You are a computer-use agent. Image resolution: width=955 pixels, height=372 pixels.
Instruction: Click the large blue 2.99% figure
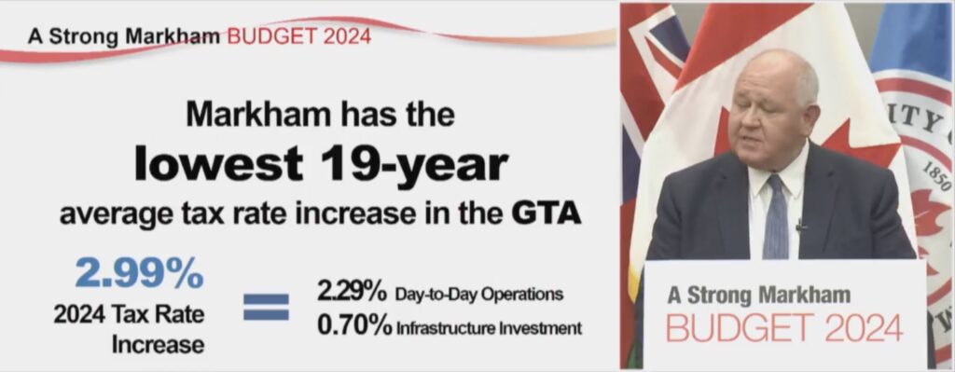(140, 273)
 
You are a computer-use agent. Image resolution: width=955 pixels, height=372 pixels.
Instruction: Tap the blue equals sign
(266, 307)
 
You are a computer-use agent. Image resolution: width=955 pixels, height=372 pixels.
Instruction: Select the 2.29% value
(352, 292)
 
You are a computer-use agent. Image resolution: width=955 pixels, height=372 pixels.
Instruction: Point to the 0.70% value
(353, 325)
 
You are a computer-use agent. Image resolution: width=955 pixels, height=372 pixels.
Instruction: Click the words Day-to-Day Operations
(478, 295)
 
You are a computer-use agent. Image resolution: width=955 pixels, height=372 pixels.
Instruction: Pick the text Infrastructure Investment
(489, 329)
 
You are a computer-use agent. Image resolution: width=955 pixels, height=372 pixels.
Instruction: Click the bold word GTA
(545, 214)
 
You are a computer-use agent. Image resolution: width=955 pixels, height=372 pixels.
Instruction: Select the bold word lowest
(218, 162)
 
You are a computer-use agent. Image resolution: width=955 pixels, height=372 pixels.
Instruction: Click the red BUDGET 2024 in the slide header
(298, 36)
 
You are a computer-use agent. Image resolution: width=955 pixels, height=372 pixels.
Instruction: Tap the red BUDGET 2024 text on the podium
(784, 328)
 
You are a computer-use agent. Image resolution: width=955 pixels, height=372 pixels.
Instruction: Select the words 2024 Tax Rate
(129, 315)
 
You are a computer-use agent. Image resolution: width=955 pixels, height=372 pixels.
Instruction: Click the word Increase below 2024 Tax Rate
(158, 345)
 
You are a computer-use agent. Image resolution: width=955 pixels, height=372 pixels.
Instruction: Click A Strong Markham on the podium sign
(758, 296)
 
